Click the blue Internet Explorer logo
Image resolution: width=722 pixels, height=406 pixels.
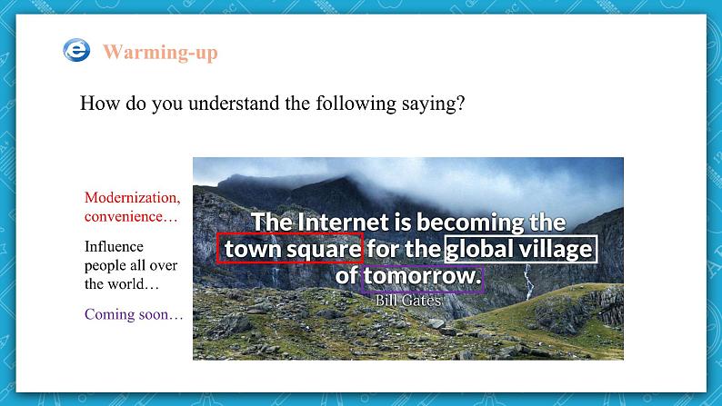(76, 50)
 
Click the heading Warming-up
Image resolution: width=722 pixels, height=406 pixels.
(160, 53)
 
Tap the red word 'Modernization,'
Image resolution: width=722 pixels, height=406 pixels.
(133, 198)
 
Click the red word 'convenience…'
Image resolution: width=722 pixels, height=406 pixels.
(131, 216)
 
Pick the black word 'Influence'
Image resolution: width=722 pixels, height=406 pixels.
(114, 246)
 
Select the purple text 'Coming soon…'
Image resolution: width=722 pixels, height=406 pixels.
(134, 314)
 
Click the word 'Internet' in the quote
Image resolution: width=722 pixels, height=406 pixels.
(343, 223)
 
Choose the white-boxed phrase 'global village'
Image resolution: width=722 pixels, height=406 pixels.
(519, 250)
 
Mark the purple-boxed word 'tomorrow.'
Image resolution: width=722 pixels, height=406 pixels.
(422, 276)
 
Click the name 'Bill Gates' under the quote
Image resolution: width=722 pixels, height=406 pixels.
(408, 301)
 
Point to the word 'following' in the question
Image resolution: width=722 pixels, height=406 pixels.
(356, 104)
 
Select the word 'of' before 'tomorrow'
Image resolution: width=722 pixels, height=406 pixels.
(346, 276)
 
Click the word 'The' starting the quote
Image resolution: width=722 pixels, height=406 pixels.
(272, 223)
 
